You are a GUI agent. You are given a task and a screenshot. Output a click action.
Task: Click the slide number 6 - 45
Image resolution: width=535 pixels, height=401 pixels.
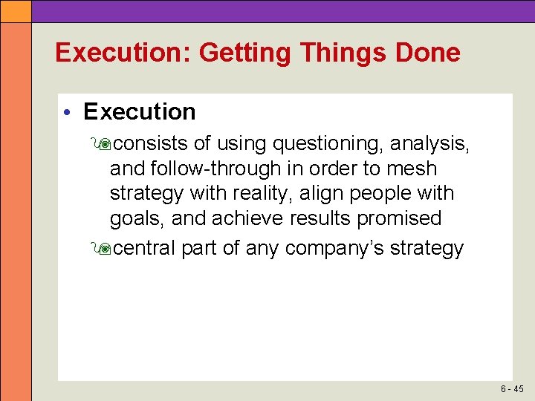coord(512,388)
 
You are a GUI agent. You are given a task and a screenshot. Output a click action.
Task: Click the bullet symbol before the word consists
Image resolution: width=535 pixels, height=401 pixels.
coord(100,143)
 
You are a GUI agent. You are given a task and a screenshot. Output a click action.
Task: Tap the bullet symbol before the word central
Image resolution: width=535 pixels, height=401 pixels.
coord(100,249)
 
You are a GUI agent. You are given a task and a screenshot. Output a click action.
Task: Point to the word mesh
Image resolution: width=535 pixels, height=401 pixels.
coord(411,169)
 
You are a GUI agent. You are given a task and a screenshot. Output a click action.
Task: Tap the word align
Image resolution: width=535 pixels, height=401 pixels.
coord(326,194)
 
